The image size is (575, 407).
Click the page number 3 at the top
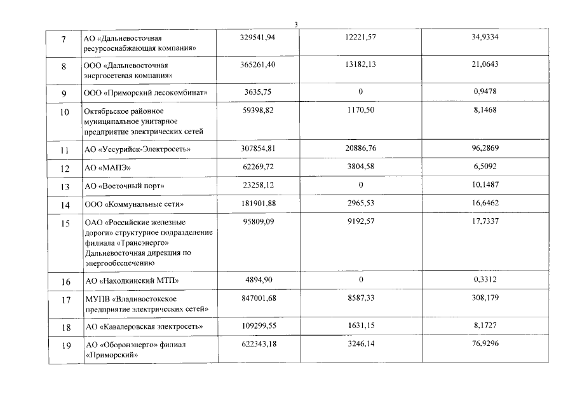tap(296, 25)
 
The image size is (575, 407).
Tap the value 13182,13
tap(360, 65)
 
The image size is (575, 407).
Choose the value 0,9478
tap(485, 92)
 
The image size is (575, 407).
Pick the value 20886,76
tap(360, 149)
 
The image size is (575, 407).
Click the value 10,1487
tap(485, 185)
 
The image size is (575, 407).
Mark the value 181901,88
tap(257, 203)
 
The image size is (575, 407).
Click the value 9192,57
tap(360, 222)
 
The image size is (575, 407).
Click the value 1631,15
tap(360, 326)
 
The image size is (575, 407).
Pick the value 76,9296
tap(485, 344)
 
